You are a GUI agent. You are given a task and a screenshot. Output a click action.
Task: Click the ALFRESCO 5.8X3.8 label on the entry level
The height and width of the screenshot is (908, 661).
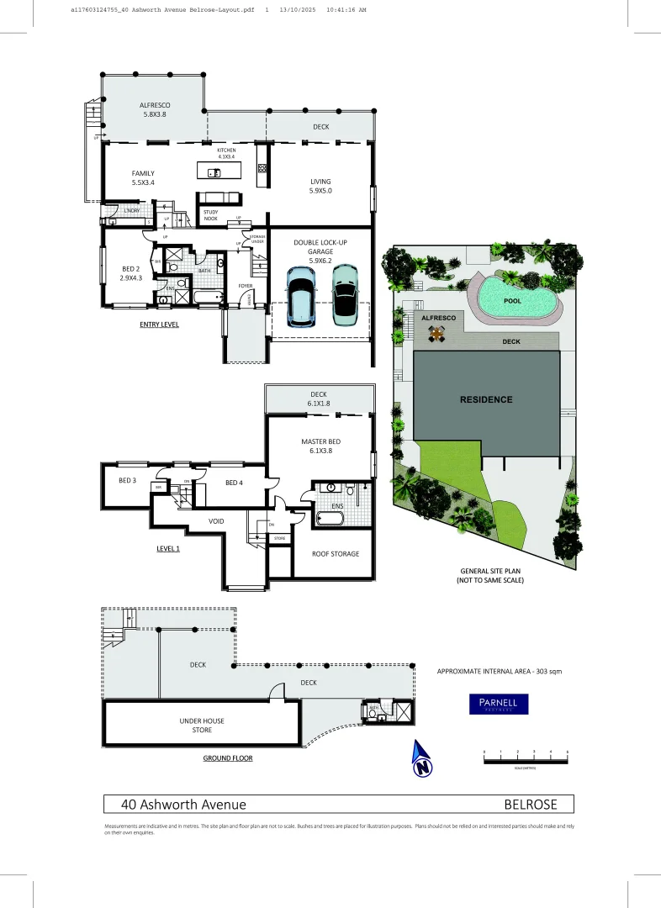coord(153,109)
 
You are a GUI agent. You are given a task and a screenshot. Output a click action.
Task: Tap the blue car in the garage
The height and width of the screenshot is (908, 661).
coord(300,295)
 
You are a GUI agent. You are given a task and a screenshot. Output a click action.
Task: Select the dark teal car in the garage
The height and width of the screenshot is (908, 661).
coord(345,294)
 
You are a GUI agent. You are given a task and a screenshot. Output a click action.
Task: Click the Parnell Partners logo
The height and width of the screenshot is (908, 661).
coord(499,704)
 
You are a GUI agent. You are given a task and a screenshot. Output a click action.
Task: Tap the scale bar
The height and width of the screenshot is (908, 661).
coord(526,759)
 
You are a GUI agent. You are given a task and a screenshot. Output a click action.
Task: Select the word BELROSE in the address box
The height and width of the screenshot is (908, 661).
coord(530,805)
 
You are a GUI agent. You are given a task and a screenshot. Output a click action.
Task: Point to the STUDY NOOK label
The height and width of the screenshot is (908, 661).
coord(211,215)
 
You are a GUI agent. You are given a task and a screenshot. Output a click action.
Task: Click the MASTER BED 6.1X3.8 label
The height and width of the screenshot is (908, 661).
coord(320,446)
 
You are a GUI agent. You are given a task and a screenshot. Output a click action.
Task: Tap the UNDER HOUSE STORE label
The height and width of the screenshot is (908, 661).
coord(201,725)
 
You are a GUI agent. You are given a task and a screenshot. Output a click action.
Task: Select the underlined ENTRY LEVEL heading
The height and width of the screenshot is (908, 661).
coord(158,324)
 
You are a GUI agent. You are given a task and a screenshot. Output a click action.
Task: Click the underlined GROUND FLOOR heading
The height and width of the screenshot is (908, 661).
coord(227,758)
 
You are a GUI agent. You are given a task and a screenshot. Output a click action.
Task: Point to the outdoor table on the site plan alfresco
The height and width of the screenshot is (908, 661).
coord(436,334)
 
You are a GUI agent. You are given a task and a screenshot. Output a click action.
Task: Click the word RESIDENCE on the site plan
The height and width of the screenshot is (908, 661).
coord(485,399)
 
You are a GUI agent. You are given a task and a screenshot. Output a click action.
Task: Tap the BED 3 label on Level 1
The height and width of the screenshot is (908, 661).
coord(127,480)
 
